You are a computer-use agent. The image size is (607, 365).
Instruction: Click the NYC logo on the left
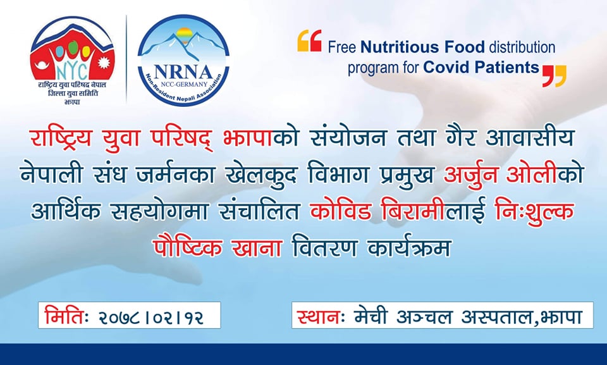(x=72, y=61)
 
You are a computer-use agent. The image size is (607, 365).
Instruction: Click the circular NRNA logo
(x=183, y=61)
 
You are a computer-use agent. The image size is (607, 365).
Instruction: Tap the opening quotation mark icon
(x=309, y=40)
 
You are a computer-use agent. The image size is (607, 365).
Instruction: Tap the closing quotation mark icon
(x=554, y=76)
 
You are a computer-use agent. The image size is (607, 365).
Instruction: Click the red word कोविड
(x=341, y=211)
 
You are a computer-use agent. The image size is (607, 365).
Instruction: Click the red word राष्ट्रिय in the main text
(x=61, y=138)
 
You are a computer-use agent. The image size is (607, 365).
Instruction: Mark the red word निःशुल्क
(x=535, y=213)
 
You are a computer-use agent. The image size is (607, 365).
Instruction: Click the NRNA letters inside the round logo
(x=183, y=72)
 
